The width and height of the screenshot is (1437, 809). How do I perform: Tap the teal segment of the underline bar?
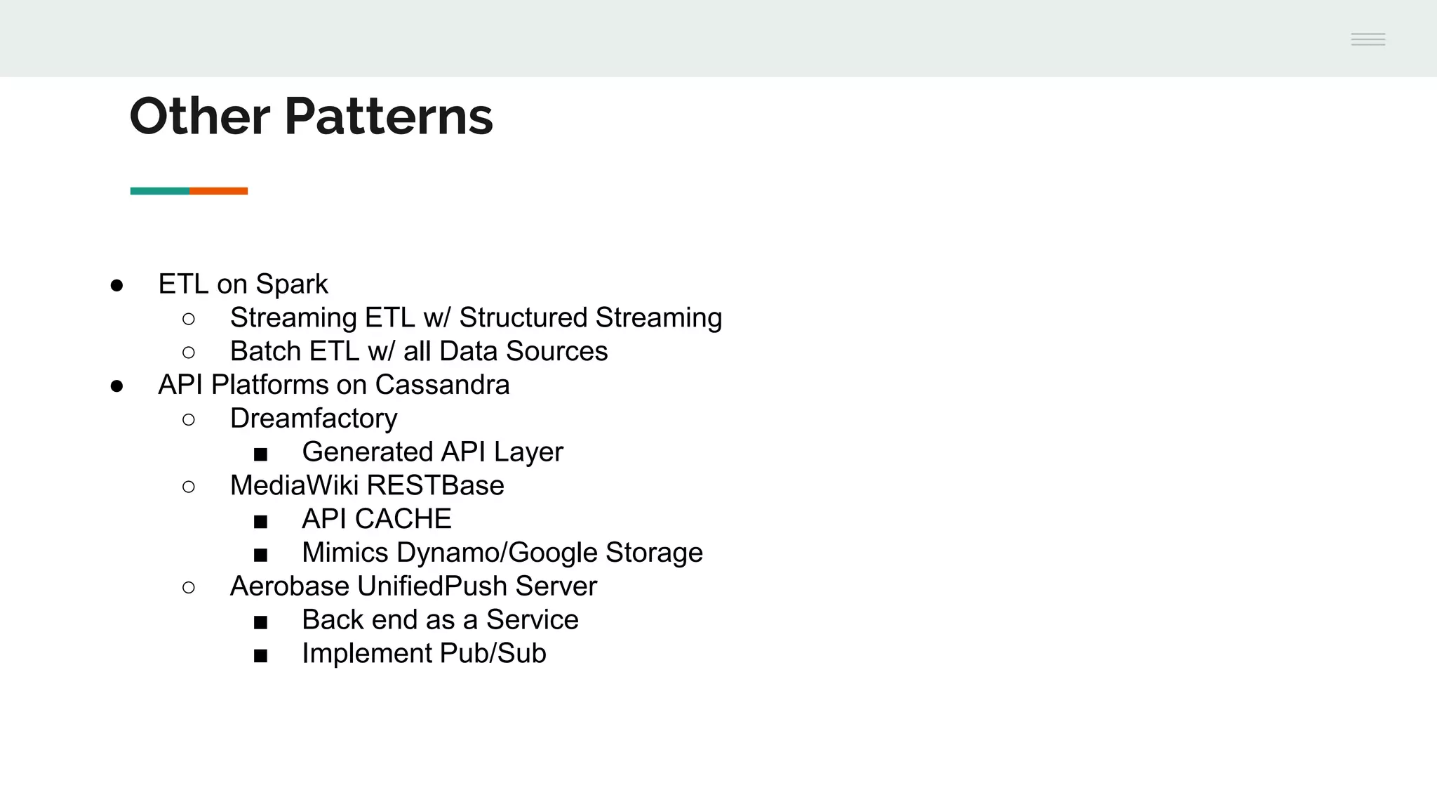(x=159, y=191)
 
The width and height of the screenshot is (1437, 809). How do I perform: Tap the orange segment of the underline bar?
(x=218, y=191)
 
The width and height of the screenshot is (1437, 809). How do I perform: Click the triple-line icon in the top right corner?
(x=1368, y=39)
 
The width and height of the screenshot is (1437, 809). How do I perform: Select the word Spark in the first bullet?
(x=291, y=284)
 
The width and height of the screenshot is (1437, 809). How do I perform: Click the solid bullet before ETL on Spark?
(x=117, y=285)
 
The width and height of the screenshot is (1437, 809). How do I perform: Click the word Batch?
(x=266, y=351)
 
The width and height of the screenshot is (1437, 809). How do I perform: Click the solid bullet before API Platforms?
(x=117, y=386)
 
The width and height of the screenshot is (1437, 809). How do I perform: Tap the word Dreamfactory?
(x=314, y=419)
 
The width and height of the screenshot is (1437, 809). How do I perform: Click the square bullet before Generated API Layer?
(x=260, y=454)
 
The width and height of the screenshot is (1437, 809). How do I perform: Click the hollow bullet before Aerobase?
(x=188, y=587)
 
